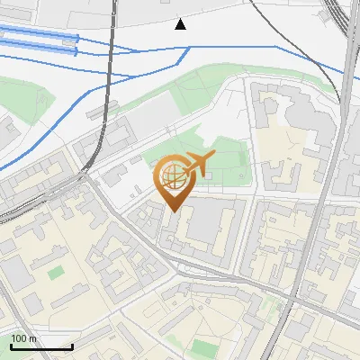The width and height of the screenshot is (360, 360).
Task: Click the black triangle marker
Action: (181, 24)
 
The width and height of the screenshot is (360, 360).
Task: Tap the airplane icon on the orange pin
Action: (199, 164)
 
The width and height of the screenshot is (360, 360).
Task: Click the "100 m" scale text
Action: (22, 338)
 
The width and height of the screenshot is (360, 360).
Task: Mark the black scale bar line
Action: (41, 346)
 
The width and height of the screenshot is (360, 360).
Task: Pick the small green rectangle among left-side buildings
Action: (57, 272)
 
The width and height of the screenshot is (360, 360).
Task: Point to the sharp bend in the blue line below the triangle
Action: (187, 48)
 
